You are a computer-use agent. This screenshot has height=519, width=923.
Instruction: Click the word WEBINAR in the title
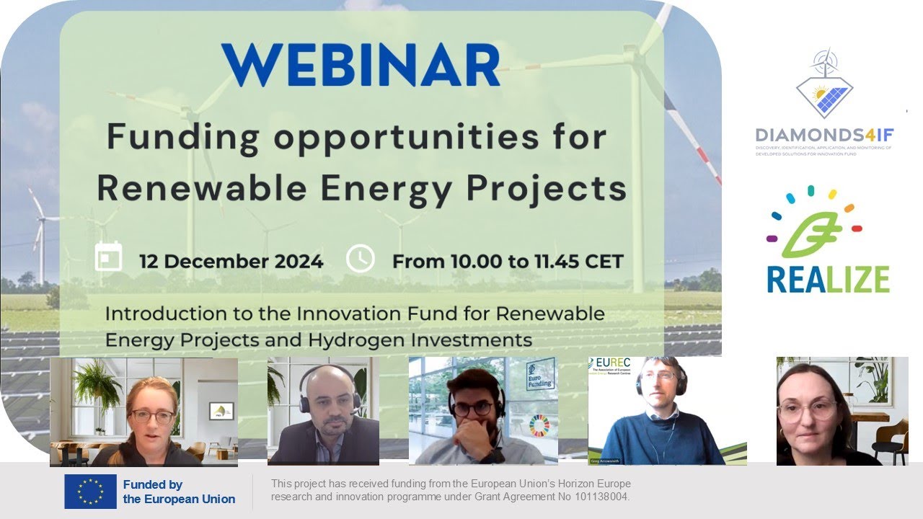pos(361,66)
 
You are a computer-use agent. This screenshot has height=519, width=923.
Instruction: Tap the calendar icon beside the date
pos(109,257)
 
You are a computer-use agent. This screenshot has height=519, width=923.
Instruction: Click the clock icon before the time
pos(360,258)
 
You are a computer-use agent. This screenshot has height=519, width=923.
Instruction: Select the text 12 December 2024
pos(231,261)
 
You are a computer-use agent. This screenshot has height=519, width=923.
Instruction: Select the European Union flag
pos(90,492)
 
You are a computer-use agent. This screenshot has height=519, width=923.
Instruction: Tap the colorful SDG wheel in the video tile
pos(539,426)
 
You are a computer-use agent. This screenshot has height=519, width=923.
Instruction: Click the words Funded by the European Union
pos(179,492)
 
